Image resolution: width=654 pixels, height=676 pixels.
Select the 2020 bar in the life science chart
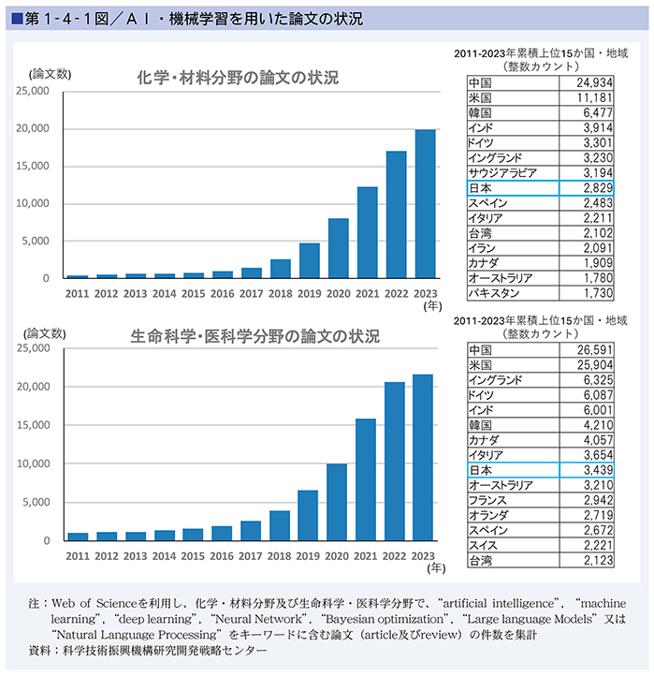pyautogui.click(x=338, y=502)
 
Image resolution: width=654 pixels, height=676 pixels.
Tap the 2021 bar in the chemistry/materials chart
pyautogui.click(x=368, y=232)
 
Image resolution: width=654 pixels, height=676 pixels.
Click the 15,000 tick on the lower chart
pyautogui.click(x=36, y=425)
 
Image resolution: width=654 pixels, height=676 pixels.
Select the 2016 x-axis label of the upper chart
pyautogui.click(x=223, y=293)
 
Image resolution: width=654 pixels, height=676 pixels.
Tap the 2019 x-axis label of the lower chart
pyautogui.click(x=309, y=555)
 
